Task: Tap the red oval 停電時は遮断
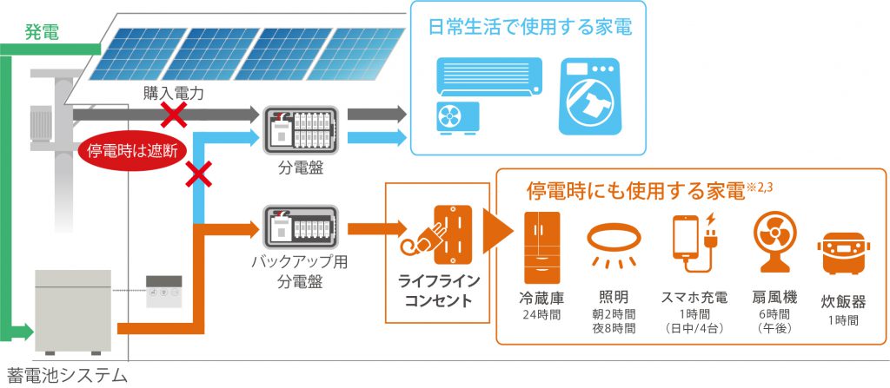tap(132, 150)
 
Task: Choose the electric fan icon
tap(767, 240)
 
